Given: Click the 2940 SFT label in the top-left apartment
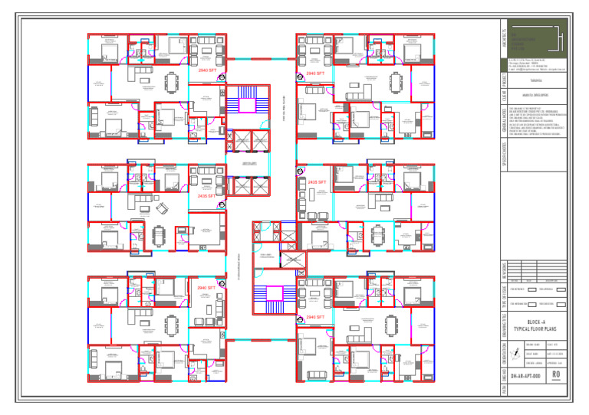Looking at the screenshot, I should [x=207, y=70].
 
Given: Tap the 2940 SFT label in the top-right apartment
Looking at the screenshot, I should [x=315, y=74].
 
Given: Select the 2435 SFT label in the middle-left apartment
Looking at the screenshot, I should [x=206, y=196].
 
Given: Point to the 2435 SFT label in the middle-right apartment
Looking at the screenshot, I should [x=317, y=182].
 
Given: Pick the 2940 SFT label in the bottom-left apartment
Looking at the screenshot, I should [x=206, y=288].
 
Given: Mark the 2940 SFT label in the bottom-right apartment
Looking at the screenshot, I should [x=315, y=316].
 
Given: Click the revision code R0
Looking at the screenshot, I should [x=557, y=376].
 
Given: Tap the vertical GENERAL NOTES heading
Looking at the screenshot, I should [x=504, y=122].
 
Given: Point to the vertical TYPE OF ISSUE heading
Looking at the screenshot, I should [x=504, y=297].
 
